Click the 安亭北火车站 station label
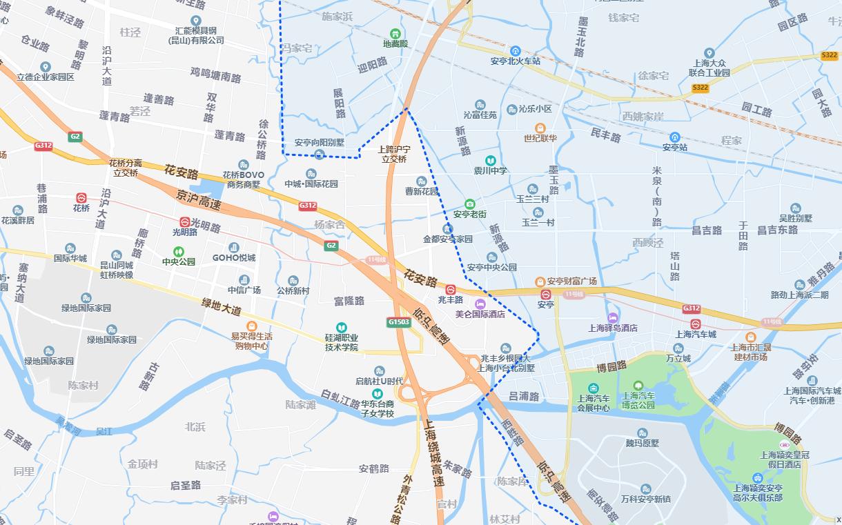click(516, 61)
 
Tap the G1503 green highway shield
click(398, 322)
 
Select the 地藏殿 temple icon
click(395, 33)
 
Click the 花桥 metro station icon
click(81, 198)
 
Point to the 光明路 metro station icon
click(185, 221)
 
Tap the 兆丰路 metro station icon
click(451, 290)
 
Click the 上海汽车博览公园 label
click(638, 401)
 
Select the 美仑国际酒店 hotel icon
click(480, 304)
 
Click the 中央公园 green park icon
click(179, 252)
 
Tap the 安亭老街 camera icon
click(470, 204)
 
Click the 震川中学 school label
click(491, 170)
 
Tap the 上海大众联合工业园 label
click(709, 68)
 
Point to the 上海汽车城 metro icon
click(696, 324)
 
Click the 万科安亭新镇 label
click(645, 499)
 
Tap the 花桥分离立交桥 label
click(126, 168)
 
